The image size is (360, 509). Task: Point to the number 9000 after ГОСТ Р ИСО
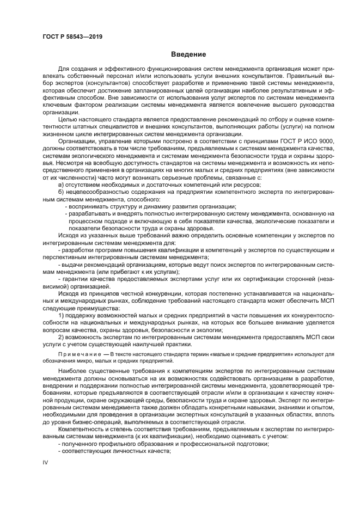click(x=327, y=140)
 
